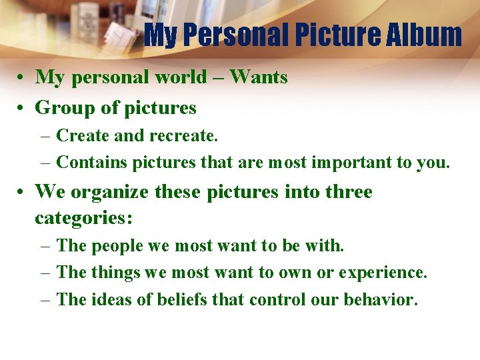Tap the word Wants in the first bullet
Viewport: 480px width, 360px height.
(259, 77)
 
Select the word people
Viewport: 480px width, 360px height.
(117, 246)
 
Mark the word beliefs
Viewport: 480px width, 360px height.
(187, 299)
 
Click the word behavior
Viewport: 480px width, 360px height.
(381, 299)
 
